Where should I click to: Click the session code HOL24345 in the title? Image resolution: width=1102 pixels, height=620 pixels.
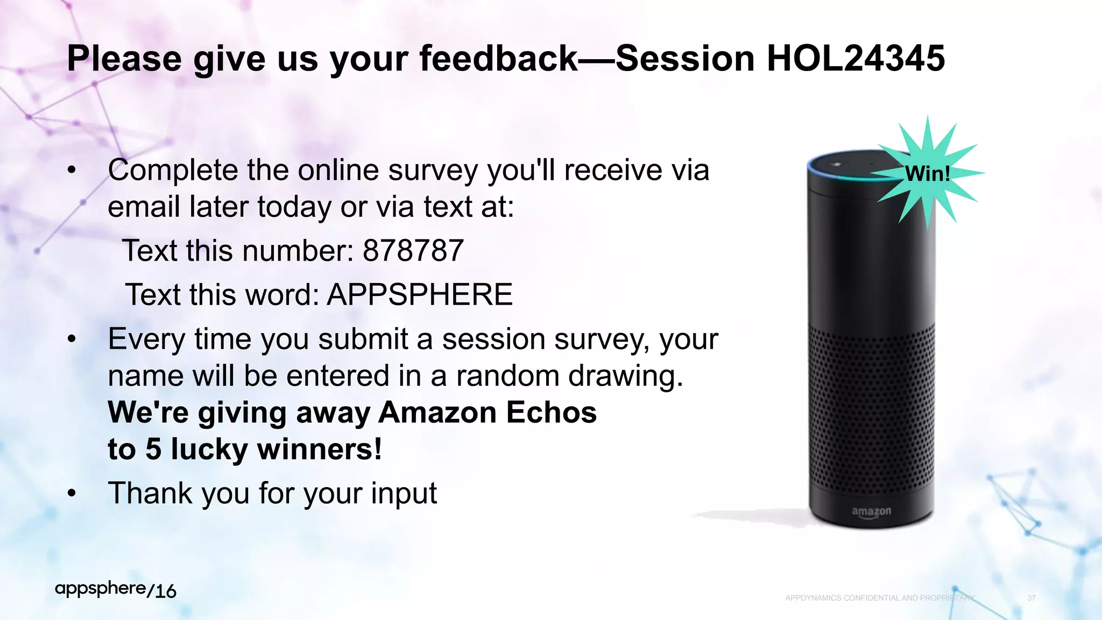click(856, 58)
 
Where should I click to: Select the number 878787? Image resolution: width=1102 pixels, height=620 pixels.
click(413, 251)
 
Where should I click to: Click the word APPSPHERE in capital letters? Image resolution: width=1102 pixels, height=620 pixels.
click(420, 295)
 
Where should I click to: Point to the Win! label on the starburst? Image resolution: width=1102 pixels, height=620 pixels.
click(927, 174)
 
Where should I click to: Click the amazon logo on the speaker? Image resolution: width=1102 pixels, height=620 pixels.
click(871, 511)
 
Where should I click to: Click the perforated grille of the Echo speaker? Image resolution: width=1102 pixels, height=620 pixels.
click(871, 409)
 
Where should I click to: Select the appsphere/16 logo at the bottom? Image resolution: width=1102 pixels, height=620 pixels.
click(116, 590)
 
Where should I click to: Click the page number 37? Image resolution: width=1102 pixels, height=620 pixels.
click(1031, 598)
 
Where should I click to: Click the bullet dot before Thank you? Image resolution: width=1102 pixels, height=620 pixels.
click(72, 493)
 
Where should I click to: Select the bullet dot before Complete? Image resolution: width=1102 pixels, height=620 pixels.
click(72, 170)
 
